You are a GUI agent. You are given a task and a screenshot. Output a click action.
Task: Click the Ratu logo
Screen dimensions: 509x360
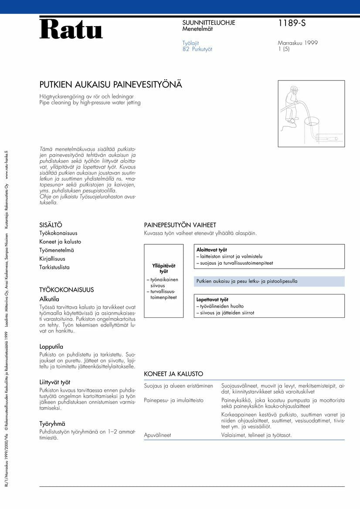coord(71,29)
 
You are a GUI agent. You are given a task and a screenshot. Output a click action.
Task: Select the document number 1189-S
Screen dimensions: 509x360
coord(292,24)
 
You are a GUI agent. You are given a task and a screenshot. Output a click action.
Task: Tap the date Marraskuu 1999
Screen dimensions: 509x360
coord(297,43)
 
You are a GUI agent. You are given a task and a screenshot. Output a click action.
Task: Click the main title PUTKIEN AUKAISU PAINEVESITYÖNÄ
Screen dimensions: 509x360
coord(111,84)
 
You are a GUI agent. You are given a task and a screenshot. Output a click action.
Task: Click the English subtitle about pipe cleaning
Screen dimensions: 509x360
coord(90,103)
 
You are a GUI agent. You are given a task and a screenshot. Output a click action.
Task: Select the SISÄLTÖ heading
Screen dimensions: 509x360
coord(51,225)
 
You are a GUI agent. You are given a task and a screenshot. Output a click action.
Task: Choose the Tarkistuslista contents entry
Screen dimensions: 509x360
coord(54,267)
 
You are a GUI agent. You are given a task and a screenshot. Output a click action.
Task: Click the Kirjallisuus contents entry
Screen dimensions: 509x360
coord(52,259)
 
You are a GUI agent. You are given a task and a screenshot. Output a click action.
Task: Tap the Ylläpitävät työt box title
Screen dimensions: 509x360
coord(164,268)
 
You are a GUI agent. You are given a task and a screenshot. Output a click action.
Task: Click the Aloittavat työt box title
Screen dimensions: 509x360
coord(211,250)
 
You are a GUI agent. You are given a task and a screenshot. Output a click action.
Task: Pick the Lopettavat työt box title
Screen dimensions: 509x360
coord(212,300)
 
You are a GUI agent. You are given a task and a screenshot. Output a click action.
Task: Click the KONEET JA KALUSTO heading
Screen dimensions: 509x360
coord(173,374)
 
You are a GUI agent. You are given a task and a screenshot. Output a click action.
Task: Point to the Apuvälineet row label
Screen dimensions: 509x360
coord(157,435)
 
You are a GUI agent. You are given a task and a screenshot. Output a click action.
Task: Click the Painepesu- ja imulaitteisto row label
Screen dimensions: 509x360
coord(173,400)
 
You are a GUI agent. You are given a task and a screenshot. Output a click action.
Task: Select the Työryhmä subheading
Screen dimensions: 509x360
coord(52,424)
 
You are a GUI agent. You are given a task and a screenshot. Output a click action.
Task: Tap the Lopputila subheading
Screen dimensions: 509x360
coord(51,347)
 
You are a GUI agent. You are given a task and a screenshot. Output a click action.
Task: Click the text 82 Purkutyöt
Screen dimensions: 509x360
coord(197,49)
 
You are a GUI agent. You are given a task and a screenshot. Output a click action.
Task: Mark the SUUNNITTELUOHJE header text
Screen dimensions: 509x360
coord(208,23)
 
